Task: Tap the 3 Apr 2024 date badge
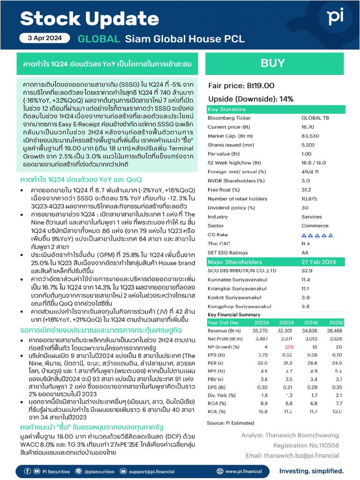(45, 39)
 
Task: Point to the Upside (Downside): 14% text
(250, 99)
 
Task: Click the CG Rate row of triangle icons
(317, 234)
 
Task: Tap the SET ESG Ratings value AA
(305, 252)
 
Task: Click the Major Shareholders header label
(235, 262)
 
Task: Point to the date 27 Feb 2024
(318, 262)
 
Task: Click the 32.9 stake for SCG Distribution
(307, 270)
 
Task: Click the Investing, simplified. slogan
(311, 471)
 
